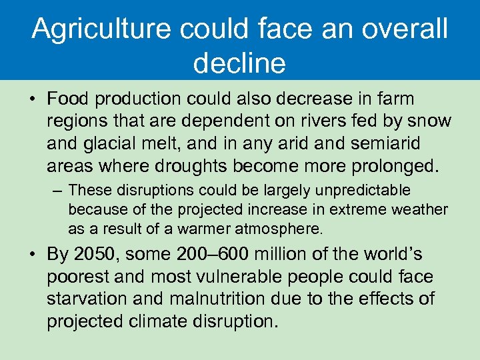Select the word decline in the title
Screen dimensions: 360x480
point(239,63)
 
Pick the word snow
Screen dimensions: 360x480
point(430,121)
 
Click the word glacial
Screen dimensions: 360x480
point(114,143)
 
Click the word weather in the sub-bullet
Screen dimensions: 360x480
point(420,210)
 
